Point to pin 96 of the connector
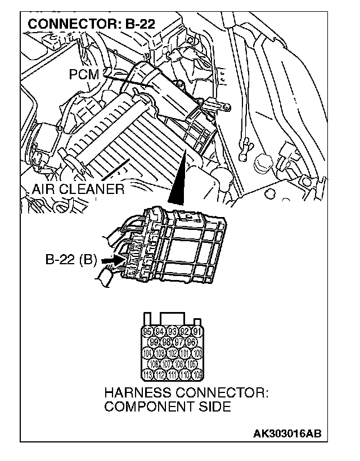191,342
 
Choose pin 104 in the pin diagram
148,353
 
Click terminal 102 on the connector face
173,353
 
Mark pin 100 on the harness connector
197,353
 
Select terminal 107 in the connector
166,364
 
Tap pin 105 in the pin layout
191,364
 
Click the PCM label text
84,74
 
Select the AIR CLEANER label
78,189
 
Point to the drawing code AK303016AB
287,433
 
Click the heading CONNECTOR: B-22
91,24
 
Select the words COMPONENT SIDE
168,406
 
